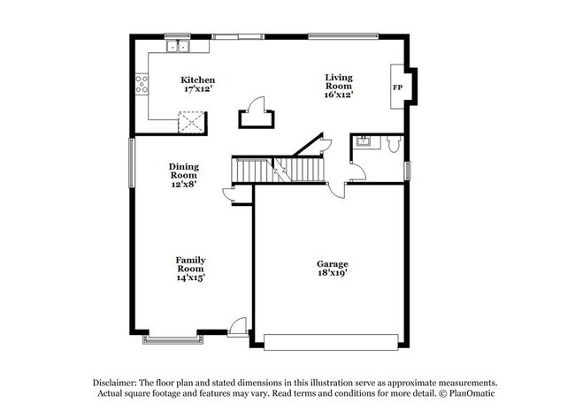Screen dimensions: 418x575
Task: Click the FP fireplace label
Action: coord(397,88)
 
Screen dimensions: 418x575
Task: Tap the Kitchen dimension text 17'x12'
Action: coord(197,90)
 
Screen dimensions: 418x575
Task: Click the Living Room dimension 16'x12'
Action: coord(338,95)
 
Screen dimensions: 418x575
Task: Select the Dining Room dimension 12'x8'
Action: coord(184,185)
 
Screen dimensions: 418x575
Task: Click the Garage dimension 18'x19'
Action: coord(333,274)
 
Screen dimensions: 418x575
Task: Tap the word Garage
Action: coord(333,263)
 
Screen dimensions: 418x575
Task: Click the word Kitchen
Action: coord(197,80)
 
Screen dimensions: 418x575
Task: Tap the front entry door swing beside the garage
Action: coord(237,328)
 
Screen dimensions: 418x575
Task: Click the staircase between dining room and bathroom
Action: coord(278,168)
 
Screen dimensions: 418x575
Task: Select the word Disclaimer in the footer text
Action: coord(119,381)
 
